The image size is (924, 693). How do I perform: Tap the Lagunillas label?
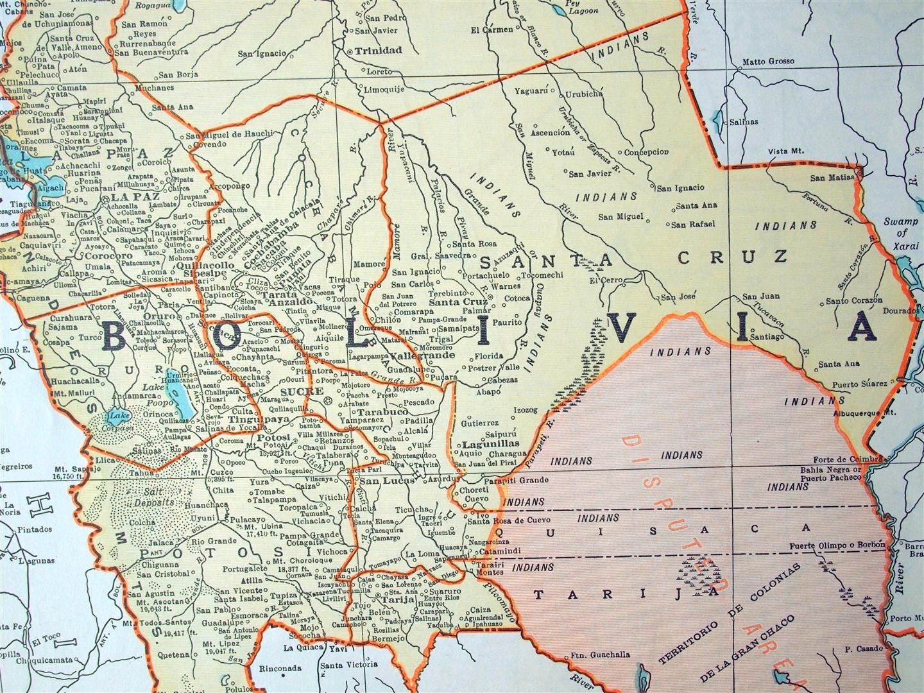pos(478,443)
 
